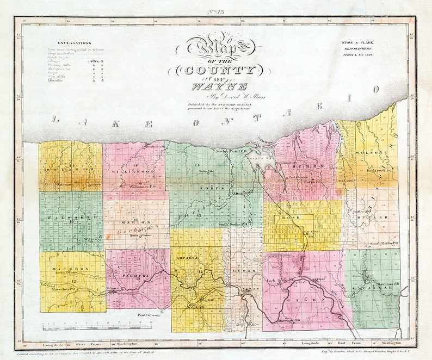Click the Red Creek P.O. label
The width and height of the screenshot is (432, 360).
[x=379, y=170]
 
